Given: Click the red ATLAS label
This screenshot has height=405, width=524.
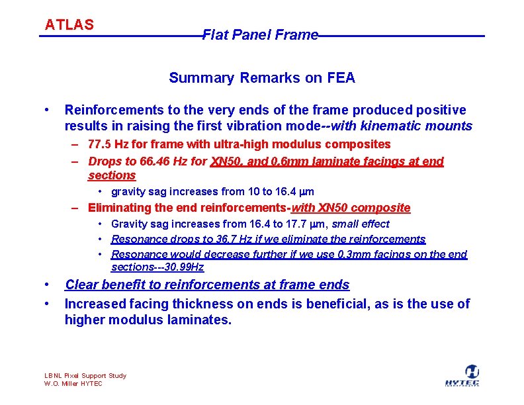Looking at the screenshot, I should point(69,25).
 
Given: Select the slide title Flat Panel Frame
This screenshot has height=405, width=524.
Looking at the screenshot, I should point(260,35).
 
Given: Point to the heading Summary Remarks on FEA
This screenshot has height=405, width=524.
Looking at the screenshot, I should point(262,78).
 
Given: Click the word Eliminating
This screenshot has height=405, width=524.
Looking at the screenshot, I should point(116,208).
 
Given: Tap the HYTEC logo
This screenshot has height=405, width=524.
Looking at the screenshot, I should point(472,376).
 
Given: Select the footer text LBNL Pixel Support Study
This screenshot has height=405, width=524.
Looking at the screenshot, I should point(85,376).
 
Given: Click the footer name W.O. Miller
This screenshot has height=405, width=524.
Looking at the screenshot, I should point(62,384).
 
